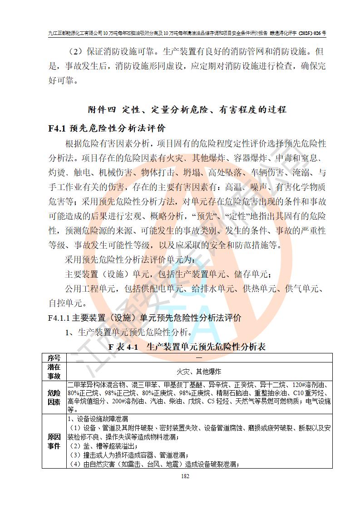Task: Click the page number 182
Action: (185, 476)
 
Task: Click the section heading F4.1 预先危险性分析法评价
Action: (107, 128)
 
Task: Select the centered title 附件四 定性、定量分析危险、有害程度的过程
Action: (187, 110)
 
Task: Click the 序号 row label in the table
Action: (54, 357)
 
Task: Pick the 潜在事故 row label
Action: (54, 371)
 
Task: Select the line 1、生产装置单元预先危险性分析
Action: (128, 332)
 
